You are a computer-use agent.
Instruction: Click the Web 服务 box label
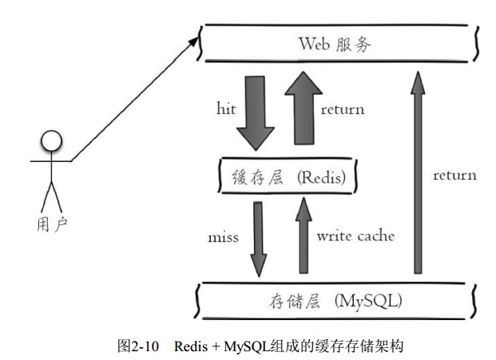335,44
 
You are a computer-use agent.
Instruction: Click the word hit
226,109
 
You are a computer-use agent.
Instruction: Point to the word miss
223,237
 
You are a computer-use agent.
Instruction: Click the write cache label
356,235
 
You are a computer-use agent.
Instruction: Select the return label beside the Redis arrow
343,110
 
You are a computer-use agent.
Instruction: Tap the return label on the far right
455,176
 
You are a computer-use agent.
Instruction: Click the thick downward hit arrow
256,113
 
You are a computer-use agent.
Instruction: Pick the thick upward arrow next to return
304,108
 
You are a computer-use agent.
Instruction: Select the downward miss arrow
259,239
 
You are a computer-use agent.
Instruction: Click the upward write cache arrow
304,235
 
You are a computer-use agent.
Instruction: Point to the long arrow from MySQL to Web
418,172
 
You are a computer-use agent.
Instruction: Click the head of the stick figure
52,140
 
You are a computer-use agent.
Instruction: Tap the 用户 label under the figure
52,224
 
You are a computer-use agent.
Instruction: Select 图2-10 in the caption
138,346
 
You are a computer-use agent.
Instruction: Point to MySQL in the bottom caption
247,346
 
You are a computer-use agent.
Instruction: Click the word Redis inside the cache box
321,177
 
